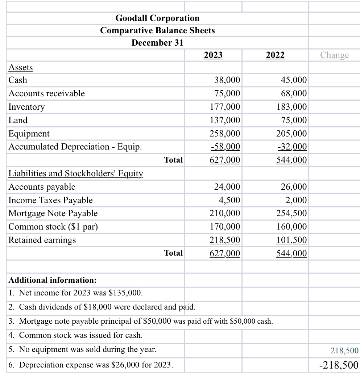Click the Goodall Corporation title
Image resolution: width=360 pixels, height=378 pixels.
click(157, 18)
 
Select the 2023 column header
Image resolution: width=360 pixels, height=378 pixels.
click(213, 55)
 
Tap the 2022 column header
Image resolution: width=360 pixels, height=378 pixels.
click(275, 55)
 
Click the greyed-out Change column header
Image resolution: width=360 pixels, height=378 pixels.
click(334, 55)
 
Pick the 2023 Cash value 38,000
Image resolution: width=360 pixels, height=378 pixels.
click(227, 80)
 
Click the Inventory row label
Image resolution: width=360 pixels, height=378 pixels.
click(26, 107)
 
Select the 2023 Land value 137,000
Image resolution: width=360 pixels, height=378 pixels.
click(225, 120)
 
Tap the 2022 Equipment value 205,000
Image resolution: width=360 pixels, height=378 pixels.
click(291, 134)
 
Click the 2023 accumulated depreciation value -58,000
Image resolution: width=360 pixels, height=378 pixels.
click(225, 147)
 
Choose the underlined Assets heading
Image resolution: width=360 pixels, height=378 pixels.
click(20, 67)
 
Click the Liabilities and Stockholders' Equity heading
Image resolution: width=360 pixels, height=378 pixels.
click(75, 173)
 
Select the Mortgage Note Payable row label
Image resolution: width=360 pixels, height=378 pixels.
click(53, 213)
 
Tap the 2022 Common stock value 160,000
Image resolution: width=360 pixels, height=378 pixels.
click(291, 227)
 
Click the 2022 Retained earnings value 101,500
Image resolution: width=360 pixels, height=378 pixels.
click(291, 240)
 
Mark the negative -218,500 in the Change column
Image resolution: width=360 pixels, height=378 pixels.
click(339, 365)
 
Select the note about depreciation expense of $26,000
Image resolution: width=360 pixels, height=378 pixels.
click(90, 365)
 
